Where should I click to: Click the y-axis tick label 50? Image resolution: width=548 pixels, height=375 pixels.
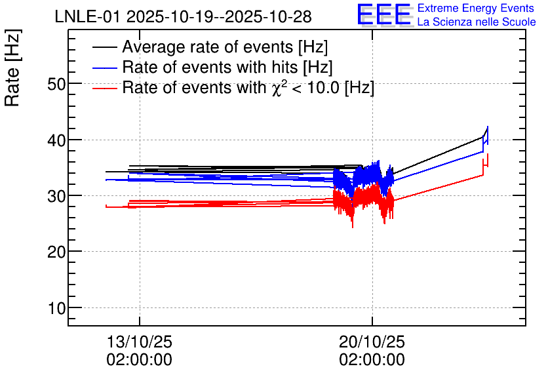point(56,84)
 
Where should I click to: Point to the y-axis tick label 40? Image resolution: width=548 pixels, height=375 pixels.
point(56,140)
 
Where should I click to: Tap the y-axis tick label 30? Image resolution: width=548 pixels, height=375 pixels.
point(56,196)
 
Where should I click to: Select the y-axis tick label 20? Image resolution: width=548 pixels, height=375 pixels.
point(56,252)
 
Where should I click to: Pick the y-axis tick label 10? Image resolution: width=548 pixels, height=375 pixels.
point(56,308)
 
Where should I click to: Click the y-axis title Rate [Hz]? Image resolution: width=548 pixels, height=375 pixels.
point(12,68)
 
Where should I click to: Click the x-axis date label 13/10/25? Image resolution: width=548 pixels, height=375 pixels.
point(140,342)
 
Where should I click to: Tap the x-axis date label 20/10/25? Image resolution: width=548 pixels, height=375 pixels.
point(372,342)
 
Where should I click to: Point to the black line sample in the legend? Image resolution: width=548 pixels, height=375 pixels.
point(105,47)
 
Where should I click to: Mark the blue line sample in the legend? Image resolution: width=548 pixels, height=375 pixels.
point(105,68)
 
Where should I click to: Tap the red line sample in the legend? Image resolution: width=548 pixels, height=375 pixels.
point(105,89)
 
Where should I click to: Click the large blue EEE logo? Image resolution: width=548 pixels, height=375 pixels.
point(384,14)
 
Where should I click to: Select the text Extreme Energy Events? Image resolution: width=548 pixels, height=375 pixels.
point(476,8)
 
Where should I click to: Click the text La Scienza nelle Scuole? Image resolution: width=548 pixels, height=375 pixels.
point(477,22)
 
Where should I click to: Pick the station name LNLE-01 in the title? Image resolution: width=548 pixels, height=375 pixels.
point(89,16)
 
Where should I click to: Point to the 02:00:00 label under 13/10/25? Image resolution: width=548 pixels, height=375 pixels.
point(140,360)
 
